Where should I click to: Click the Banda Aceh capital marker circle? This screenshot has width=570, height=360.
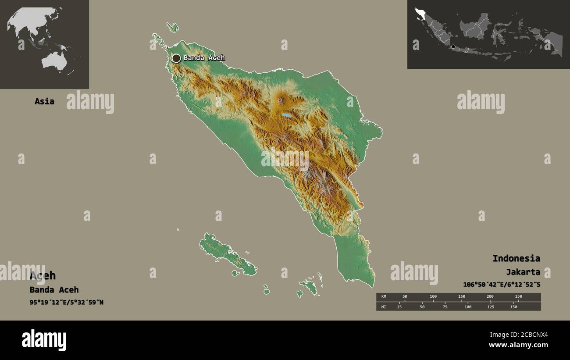[x=176, y=58]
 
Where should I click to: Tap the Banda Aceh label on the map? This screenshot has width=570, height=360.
[x=204, y=58]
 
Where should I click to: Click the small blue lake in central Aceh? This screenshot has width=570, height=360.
[x=286, y=116]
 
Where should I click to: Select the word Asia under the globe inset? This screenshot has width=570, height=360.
[x=44, y=101]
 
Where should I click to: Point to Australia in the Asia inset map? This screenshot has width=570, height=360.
[x=54, y=61]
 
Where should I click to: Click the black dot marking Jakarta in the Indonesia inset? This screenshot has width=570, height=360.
[x=453, y=46]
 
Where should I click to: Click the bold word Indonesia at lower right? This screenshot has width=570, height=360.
[x=516, y=258]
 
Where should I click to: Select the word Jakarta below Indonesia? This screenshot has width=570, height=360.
[x=523, y=272]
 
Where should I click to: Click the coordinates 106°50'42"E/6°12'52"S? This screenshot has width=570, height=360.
[x=501, y=285]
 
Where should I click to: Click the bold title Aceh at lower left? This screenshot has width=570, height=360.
[x=43, y=275]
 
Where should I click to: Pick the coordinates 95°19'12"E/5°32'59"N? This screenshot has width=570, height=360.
[x=67, y=302]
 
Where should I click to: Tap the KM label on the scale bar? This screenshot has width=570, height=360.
[x=384, y=297]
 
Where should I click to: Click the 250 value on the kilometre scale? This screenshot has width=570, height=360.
[x=518, y=297]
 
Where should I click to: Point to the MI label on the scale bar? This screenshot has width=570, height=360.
[x=384, y=307]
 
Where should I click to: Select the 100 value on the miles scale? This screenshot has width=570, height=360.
[x=468, y=307]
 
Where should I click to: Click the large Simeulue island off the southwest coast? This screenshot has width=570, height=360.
[x=227, y=254]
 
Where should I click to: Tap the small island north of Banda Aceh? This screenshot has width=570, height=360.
[x=173, y=27]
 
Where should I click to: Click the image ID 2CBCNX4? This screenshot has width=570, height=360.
[x=533, y=335]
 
